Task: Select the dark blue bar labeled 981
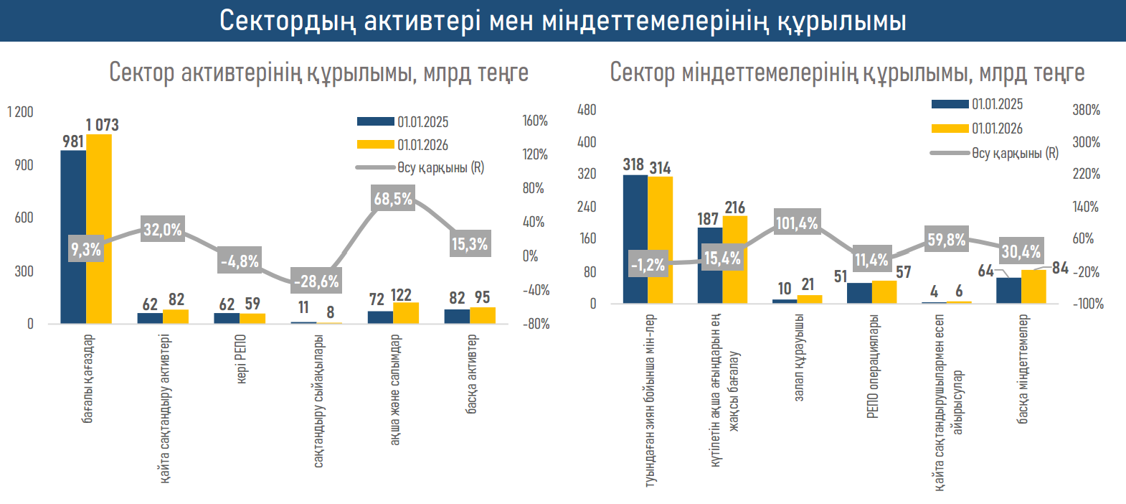click(x=73, y=236)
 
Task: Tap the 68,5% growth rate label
click(x=393, y=198)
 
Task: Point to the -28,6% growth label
click(x=316, y=281)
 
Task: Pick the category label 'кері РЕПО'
click(x=241, y=358)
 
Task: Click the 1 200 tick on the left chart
click(x=20, y=112)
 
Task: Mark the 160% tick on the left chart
click(x=535, y=121)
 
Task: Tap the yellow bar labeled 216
click(x=734, y=259)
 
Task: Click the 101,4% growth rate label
click(x=796, y=223)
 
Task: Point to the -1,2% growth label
click(x=648, y=264)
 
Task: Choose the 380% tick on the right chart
click(x=1086, y=110)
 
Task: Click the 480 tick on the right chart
click(x=587, y=110)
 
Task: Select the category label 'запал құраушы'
click(x=799, y=357)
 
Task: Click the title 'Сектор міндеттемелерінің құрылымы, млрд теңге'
click(x=847, y=73)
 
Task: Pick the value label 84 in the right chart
click(x=1060, y=268)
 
